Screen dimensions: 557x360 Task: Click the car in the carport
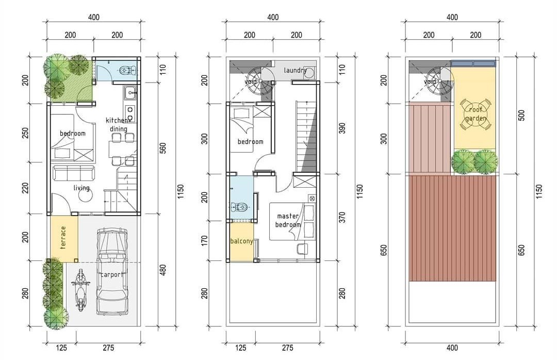click(112, 272)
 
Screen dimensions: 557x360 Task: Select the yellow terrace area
click(64, 239)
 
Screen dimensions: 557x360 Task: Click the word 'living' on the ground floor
click(81, 188)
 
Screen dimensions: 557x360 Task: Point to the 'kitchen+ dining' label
click(118, 125)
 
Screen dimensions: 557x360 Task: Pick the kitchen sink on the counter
click(130, 93)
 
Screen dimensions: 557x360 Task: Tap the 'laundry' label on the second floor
click(295, 70)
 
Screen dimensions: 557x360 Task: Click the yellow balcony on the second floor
click(241, 242)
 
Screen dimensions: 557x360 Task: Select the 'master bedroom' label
click(288, 220)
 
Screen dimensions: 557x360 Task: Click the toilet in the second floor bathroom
click(239, 206)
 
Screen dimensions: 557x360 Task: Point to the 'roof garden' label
click(476, 114)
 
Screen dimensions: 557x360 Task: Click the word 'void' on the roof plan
click(430, 82)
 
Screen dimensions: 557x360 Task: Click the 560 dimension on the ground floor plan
click(163, 148)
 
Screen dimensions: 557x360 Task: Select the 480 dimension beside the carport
click(163, 270)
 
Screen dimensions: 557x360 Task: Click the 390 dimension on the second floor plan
click(342, 128)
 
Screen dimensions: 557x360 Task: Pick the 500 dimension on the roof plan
click(521, 116)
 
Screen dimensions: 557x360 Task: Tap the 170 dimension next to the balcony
click(205, 240)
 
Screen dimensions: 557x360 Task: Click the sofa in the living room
click(74, 173)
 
